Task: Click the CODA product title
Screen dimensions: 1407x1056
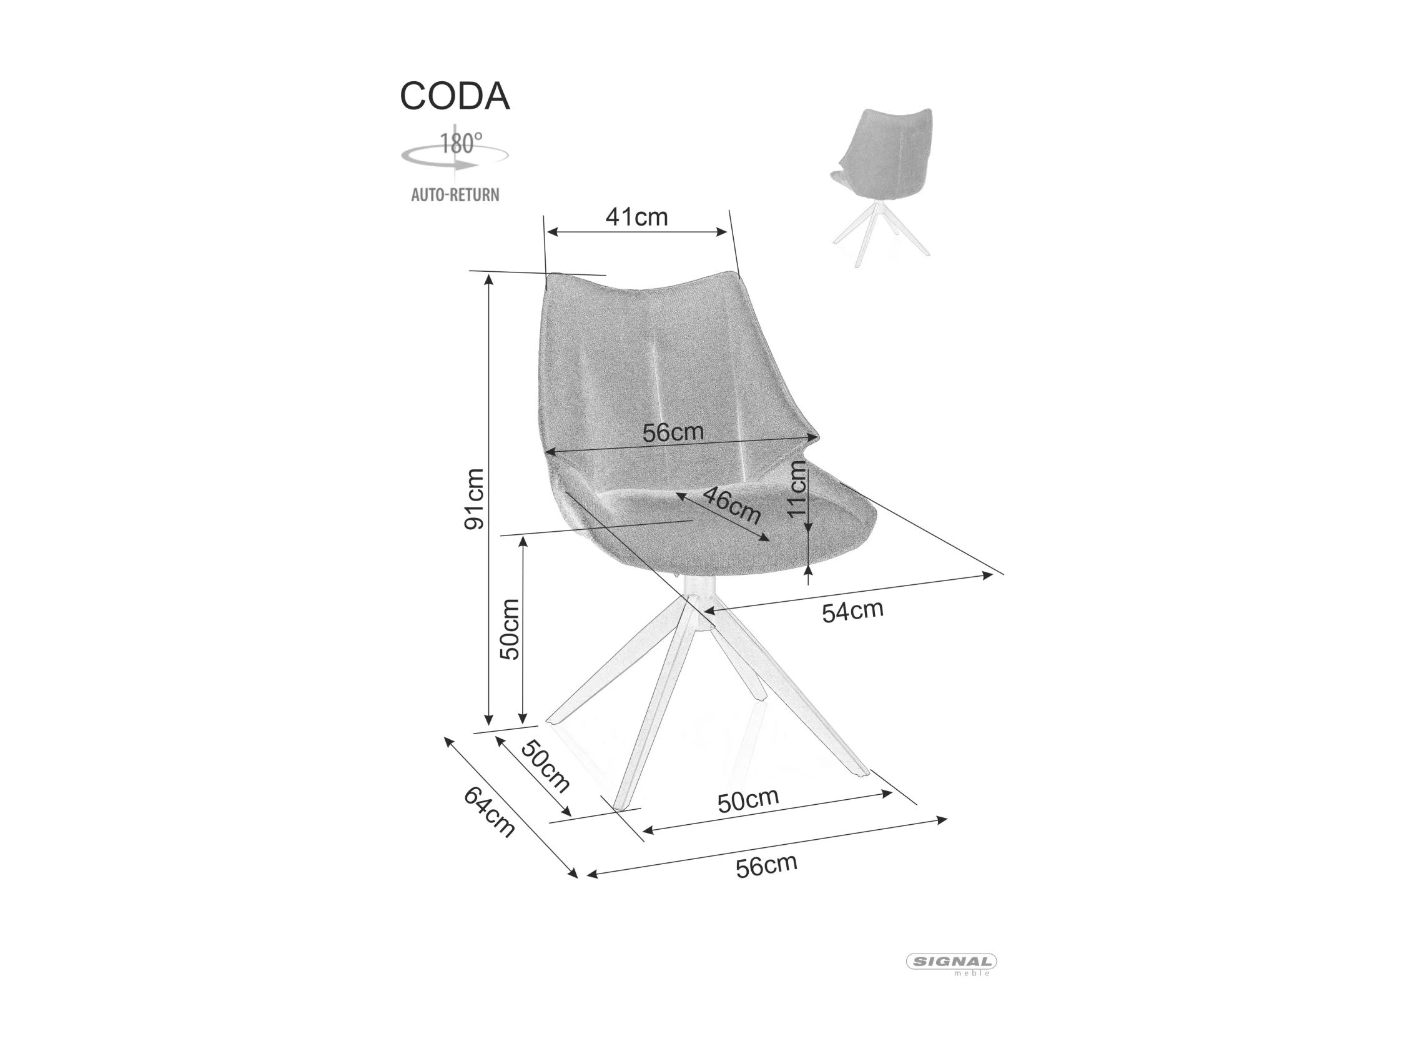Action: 454,96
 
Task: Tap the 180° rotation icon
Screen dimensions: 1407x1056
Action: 455,151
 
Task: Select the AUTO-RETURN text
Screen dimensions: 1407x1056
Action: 455,194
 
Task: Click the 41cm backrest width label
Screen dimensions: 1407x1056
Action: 637,217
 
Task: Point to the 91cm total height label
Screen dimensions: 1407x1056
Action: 475,499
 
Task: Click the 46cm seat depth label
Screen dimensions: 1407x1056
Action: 731,506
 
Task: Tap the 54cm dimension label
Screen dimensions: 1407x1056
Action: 852,611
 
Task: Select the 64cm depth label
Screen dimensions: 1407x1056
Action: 488,812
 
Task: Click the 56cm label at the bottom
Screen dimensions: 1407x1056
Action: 766,865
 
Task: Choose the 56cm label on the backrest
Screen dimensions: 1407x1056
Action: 673,432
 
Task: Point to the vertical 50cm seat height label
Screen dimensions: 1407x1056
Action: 510,629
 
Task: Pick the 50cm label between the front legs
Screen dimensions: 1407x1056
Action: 748,801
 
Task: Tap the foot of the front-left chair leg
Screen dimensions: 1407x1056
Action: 621,806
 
